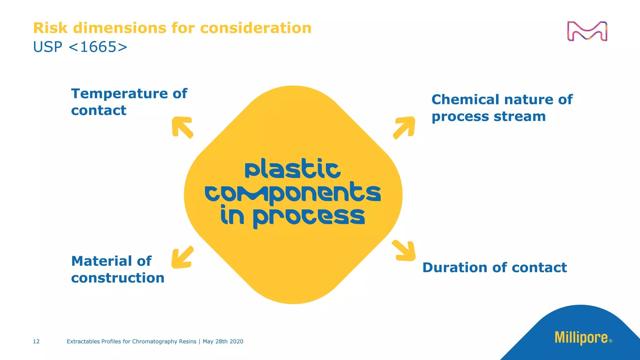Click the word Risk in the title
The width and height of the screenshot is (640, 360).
50,28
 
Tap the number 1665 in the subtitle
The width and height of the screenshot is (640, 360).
98,47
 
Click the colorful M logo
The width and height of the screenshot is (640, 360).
587,31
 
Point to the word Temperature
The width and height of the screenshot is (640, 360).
120,94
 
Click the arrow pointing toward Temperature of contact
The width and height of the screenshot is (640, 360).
182,127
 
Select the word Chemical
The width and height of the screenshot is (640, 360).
465,100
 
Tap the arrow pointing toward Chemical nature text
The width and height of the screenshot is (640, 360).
404,127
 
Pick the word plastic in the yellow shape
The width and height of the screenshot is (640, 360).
292,169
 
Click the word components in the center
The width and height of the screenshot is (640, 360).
292,193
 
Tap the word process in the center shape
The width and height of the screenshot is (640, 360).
309,217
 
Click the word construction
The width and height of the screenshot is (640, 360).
117,278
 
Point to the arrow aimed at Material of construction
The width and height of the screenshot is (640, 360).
182,257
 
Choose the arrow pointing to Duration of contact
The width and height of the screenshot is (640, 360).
404,251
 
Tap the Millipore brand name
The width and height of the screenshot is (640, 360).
581,338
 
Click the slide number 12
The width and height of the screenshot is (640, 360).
36,342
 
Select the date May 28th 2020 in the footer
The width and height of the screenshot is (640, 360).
223,342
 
